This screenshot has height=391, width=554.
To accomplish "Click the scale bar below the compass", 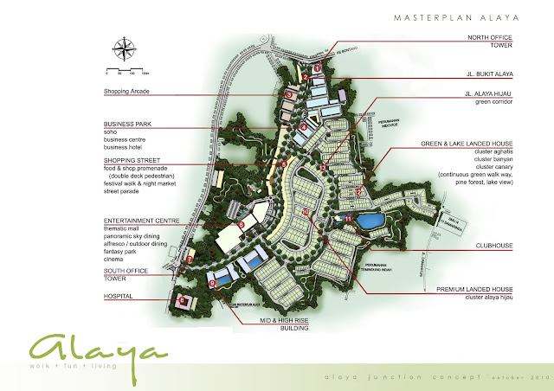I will (x=126, y=68).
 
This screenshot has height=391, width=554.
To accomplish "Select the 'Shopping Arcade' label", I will (x=127, y=91).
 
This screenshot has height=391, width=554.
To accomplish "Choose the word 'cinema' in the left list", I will (x=115, y=256).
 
